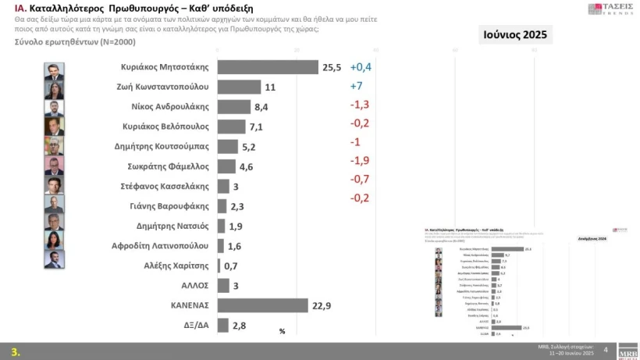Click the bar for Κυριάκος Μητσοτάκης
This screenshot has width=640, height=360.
click(267, 67)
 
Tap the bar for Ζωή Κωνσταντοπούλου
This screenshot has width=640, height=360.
click(239, 87)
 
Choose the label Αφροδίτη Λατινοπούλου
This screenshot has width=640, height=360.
click(160, 246)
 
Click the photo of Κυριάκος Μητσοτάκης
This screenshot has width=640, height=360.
click(54, 68)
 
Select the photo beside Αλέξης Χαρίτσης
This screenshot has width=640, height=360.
click(54, 259)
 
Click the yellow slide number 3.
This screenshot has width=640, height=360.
click(15, 351)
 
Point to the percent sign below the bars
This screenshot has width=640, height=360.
click(283, 332)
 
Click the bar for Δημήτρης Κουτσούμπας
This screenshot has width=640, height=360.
click(227, 146)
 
